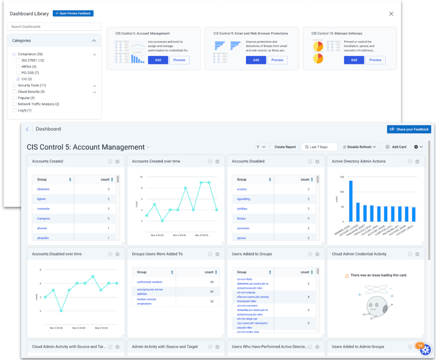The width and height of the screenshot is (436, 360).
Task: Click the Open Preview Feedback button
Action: (x=73, y=13)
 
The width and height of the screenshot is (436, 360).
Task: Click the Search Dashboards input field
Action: (x=54, y=27)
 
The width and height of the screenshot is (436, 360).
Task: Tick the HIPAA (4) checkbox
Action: (x=18, y=67)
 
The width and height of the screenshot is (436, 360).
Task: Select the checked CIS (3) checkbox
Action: (x=18, y=79)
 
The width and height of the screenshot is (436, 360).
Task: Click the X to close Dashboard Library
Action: (x=391, y=14)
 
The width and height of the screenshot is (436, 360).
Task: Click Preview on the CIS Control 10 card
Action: (x=375, y=60)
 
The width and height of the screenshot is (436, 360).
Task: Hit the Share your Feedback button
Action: (x=409, y=129)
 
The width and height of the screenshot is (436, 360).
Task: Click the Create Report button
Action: (x=285, y=147)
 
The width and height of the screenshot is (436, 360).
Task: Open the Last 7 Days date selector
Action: (x=319, y=147)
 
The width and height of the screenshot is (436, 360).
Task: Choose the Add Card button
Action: (x=396, y=147)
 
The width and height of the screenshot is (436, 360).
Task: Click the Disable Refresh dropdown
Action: (x=359, y=147)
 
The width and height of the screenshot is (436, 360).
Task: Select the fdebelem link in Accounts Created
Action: (x=43, y=189)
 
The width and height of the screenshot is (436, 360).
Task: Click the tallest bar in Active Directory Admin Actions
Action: (x=351, y=201)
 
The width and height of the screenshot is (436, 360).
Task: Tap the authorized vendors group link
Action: (x=150, y=282)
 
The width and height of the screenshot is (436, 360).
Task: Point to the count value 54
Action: (x=212, y=282)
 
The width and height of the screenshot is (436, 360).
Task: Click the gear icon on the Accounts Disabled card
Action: (x=317, y=161)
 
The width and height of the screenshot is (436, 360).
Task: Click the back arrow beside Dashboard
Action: (x=27, y=129)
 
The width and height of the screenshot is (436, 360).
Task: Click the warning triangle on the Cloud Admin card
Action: (x=347, y=276)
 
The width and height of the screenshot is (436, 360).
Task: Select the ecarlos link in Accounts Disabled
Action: (x=242, y=189)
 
